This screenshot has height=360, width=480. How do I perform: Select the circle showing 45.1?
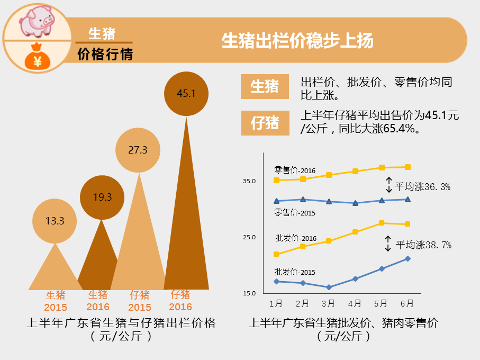[x=186, y=94]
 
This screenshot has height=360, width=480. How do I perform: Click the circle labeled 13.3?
[x=55, y=221]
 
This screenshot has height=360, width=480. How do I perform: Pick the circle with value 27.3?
[x=138, y=150]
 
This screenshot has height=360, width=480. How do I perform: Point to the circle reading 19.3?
[x=102, y=197]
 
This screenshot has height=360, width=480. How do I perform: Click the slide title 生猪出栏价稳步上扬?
[x=297, y=41]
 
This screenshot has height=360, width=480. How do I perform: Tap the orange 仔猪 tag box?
[x=265, y=123]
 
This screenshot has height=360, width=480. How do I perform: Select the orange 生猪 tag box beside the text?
[x=265, y=86]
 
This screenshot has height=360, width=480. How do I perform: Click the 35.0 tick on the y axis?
[x=249, y=181]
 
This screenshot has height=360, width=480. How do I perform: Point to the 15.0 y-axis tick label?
[x=249, y=293]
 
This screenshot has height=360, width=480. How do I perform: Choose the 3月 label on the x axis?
[x=328, y=303]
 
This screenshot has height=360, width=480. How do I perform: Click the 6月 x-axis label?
[x=407, y=303]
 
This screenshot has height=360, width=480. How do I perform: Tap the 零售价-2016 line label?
[x=295, y=170]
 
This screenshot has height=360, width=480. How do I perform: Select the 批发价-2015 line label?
[x=295, y=272]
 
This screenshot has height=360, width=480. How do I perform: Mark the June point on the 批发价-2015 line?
[x=407, y=258]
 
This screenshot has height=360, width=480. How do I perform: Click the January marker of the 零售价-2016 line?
[x=276, y=181]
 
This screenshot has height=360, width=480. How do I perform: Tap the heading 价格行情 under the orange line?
[x=105, y=54]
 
